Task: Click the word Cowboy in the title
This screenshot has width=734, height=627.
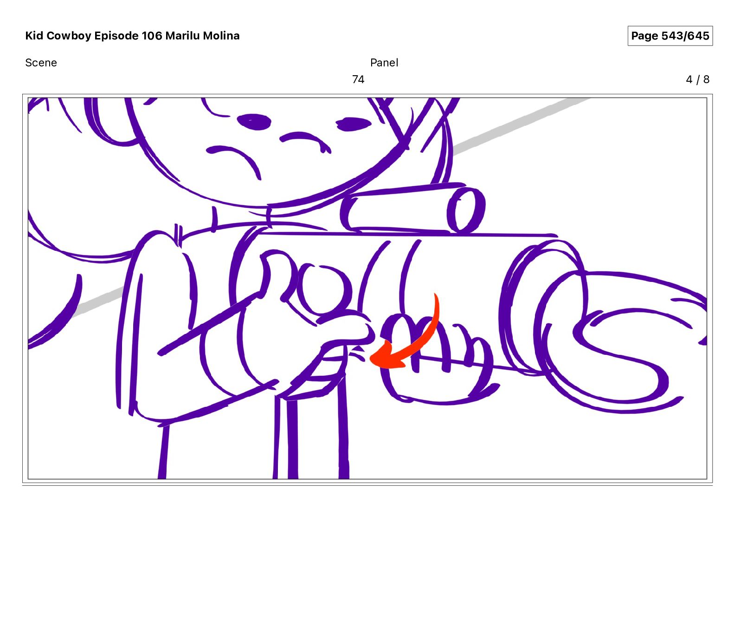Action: click(69, 36)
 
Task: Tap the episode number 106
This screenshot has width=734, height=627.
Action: click(152, 36)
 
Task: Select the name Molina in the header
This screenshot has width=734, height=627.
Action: click(221, 36)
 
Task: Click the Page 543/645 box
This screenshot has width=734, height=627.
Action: click(670, 36)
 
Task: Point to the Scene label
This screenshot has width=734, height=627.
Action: click(41, 63)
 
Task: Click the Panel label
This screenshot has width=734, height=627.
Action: click(384, 63)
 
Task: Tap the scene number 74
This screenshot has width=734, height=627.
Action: click(358, 79)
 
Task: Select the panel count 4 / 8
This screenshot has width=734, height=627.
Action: click(697, 79)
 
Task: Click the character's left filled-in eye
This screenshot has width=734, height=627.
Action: click(254, 122)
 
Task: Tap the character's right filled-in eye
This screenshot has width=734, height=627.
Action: click(354, 124)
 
